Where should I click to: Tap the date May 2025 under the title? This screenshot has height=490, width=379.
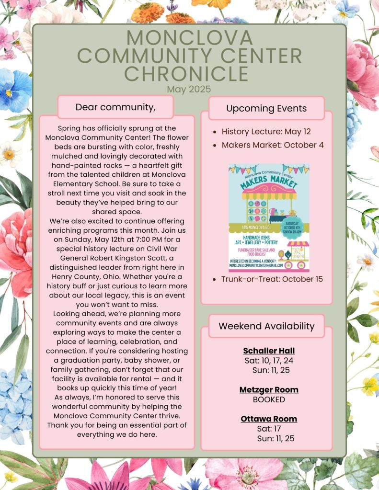[189, 89]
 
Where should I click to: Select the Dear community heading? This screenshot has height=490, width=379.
[115, 107]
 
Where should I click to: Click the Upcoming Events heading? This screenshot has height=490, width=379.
[266, 108]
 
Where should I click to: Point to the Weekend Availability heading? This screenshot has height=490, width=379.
[266, 326]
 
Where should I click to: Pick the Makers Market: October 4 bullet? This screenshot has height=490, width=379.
[272, 145]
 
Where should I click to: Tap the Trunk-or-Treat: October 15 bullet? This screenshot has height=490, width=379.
[272, 279]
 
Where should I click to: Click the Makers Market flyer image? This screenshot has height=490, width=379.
[269, 218]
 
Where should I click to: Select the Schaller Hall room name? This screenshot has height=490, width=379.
[269, 351]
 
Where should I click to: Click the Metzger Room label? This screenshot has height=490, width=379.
[269, 390]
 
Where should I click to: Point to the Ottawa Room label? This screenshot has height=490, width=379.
[269, 419]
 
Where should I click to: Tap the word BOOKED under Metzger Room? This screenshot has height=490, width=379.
[269, 399]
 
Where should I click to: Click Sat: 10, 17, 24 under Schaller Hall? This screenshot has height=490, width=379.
[269, 360]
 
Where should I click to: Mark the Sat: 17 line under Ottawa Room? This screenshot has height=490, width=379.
[269, 428]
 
